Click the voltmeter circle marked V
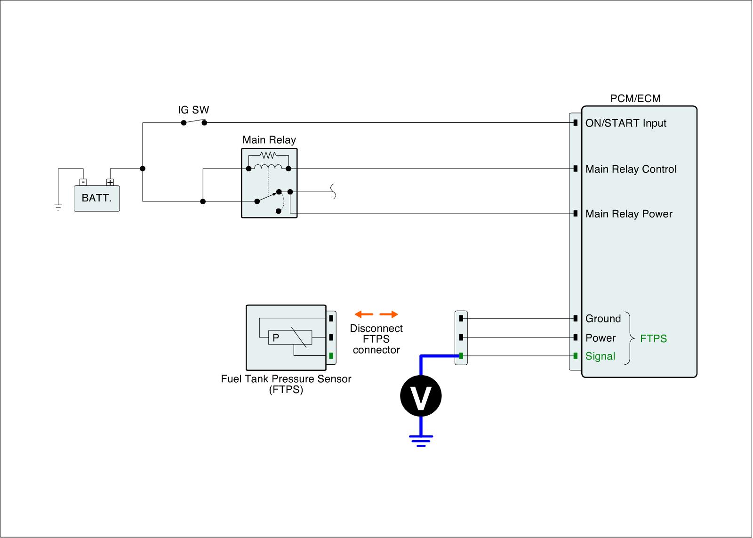[421, 396]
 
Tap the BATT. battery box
[97, 198]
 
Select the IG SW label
[193, 110]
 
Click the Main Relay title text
[269, 140]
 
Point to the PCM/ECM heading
[635, 98]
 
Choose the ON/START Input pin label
[625, 123]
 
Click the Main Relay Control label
[631, 169]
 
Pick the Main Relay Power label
[629, 214]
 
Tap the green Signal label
[600, 356]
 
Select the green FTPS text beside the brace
[653, 339]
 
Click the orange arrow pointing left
[364, 314]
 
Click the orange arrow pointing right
[389, 314]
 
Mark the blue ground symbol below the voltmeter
[421, 441]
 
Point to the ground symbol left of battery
[58, 207]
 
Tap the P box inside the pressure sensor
[276, 337]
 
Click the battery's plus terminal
[110, 182]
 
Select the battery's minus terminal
[83, 182]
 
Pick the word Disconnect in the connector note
[376, 329]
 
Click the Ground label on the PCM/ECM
[603, 319]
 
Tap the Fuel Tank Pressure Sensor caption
[286, 379]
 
